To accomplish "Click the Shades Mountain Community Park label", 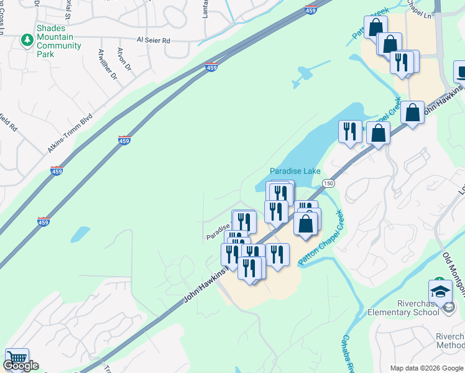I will (59, 41).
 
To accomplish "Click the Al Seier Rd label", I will (153, 40).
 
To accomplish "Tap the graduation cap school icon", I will (440, 290).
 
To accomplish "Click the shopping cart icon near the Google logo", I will (17, 359).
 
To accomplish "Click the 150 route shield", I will (328, 182).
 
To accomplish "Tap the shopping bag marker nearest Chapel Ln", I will (375, 26).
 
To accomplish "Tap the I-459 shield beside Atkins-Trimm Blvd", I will (124, 140).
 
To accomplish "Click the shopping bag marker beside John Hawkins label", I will (412, 113).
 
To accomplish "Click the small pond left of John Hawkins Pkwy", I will (80, 234).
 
